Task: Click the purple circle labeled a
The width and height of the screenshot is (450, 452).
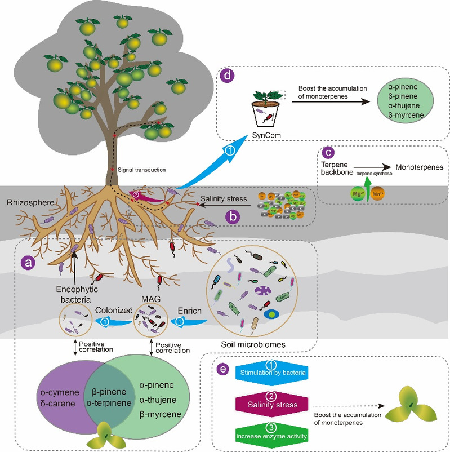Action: point(26,262)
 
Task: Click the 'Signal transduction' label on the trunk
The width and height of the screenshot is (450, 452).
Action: point(141,169)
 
